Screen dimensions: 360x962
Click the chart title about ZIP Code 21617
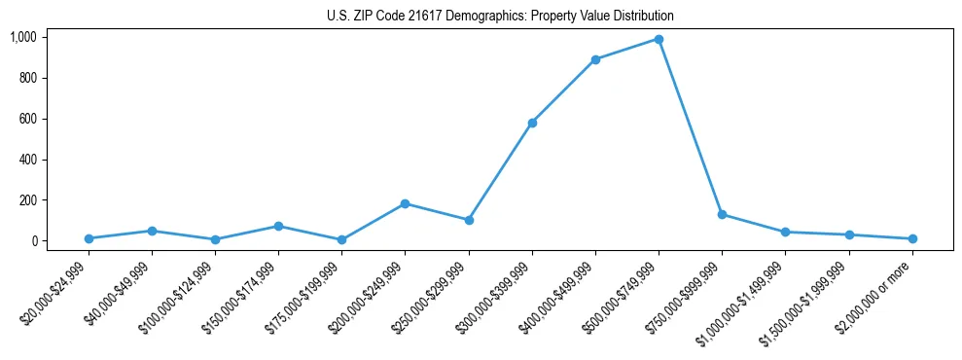(x=500, y=17)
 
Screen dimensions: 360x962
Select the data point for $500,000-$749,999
(x=659, y=40)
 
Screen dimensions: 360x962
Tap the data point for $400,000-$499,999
(x=595, y=59)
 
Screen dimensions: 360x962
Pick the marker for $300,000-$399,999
(x=532, y=123)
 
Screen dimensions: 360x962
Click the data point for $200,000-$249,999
(x=405, y=203)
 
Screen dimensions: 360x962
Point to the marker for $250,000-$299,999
(x=469, y=220)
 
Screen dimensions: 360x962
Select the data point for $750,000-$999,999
(x=722, y=214)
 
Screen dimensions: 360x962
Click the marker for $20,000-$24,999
(x=89, y=238)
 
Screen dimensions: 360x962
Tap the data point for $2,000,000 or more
(x=912, y=238)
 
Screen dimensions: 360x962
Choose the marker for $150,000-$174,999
(x=278, y=226)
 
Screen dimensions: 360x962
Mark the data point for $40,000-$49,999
(x=152, y=231)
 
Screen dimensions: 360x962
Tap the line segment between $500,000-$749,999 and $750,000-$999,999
(x=691, y=127)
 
